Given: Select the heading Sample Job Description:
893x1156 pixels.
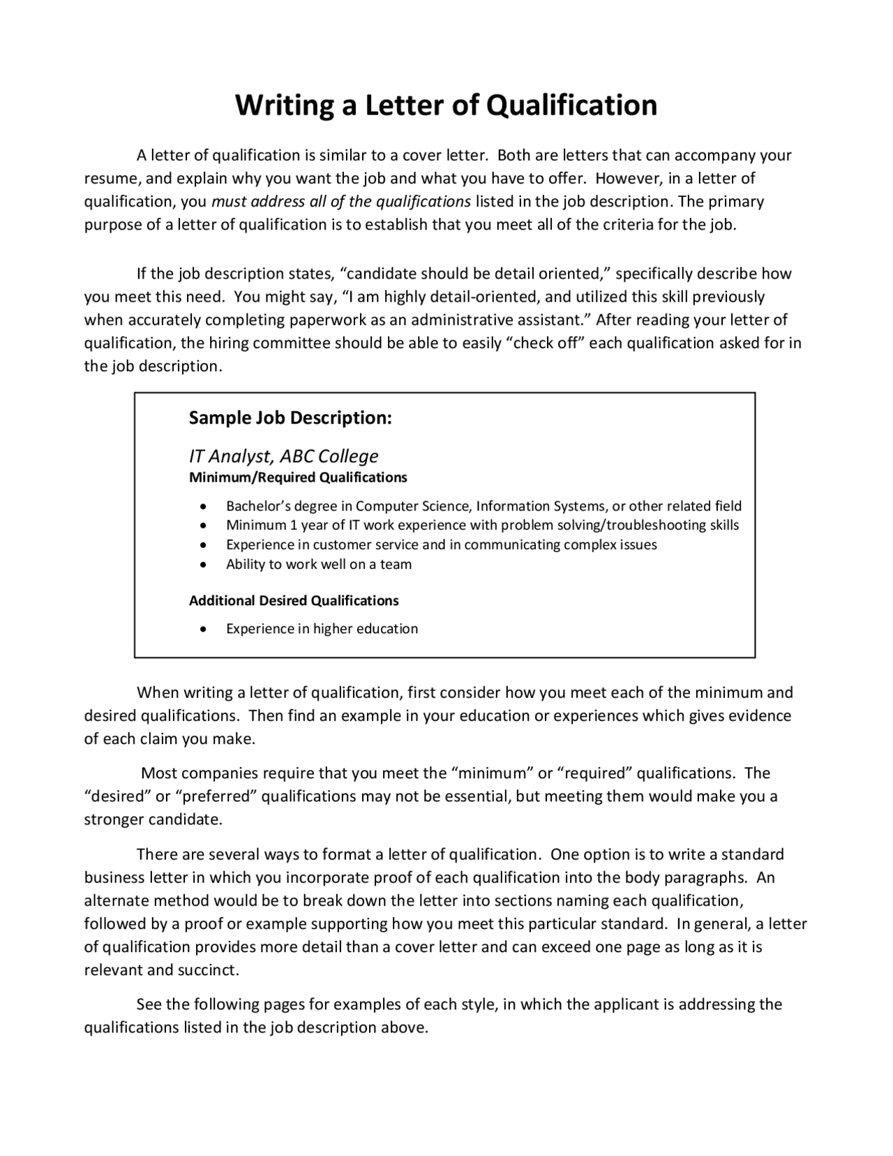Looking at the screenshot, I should tap(290, 418).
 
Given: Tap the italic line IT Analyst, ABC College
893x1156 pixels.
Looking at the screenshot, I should tap(283, 456).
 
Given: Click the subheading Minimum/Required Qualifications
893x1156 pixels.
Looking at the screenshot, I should tap(298, 477).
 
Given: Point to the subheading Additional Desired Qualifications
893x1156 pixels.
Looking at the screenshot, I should tap(294, 600).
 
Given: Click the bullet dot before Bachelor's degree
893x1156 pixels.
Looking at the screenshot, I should tap(202, 506).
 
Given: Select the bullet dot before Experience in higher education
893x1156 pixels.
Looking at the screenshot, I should tap(202, 629).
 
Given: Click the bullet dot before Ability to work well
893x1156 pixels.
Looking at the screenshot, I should tap(202, 565).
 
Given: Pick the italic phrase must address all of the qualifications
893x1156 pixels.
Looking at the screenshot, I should tap(341, 202).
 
